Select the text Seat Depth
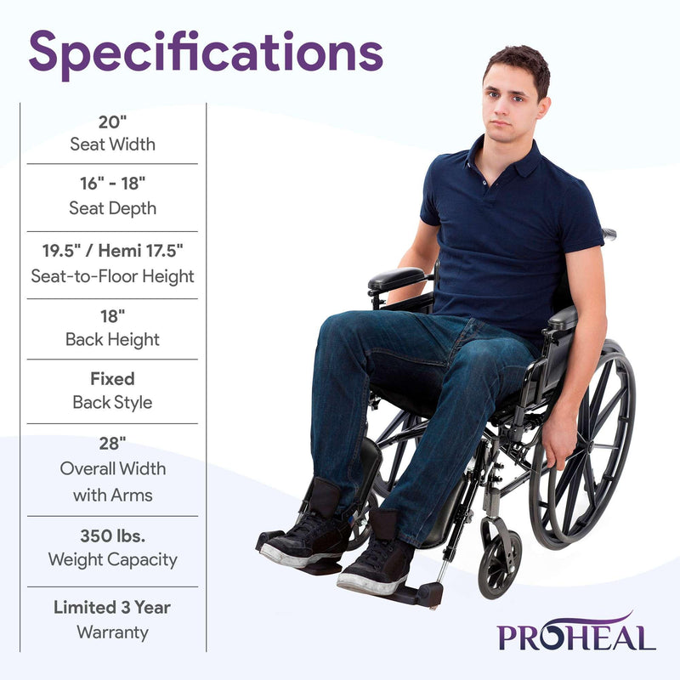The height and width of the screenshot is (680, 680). click(112, 208)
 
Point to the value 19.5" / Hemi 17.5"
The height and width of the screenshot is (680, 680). click(112, 252)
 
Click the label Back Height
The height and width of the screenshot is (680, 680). click(112, 339)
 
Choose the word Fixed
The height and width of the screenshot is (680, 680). click(112, 379)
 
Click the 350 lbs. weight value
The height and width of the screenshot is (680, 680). click(112, 536)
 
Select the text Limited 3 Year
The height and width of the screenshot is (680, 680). click(112, 608)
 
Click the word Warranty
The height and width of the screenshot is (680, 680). click(112, 632)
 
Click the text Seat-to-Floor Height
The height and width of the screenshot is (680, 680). click(112, 276)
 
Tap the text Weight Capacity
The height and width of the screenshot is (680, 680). click(112, 560)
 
